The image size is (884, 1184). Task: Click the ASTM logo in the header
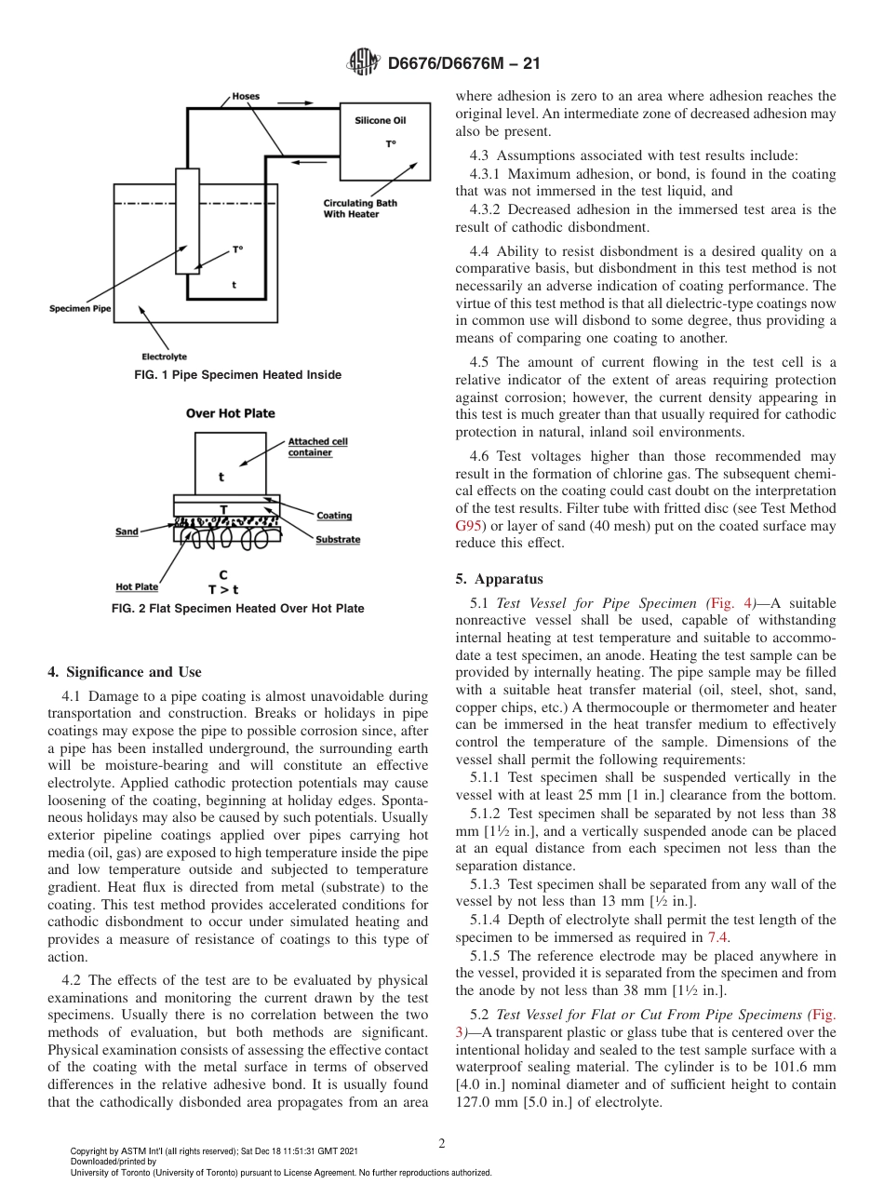(x=363, y=63)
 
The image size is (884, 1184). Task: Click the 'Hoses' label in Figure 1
(x=246, y=96)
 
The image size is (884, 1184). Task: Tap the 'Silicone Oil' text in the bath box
(x=380, y=120)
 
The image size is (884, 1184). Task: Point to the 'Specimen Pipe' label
(x=80, y=308)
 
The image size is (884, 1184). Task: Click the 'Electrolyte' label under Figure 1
(x=164, y=357)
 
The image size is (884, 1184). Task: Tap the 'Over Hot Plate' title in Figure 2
(x=230, y=413)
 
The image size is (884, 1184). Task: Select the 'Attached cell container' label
(x=317, y=447)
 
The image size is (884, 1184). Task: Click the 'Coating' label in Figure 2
(x=334, y=516)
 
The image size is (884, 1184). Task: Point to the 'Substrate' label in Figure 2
(x=337, y=540)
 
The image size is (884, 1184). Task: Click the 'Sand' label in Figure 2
(x=127, y=531)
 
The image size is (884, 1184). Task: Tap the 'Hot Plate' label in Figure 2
(x=137, y=587)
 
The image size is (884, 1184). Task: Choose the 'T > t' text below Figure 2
(x=222, y=589)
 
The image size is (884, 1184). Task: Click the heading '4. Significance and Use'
(x=124, y=672)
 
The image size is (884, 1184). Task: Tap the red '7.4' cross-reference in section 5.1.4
(x=717, y=937)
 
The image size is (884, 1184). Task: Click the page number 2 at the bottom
(x=441, y=1144)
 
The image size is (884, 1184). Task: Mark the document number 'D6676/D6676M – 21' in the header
(x=463, y=63)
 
